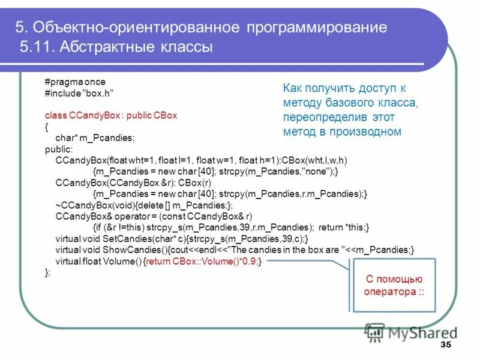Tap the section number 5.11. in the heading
pos(38,47)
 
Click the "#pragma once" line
pos(74,82)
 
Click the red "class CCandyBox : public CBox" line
pos(111,115)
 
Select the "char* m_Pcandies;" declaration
pos(95,137)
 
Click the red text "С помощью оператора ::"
pos(394,285)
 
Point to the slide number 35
pos(445,344)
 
